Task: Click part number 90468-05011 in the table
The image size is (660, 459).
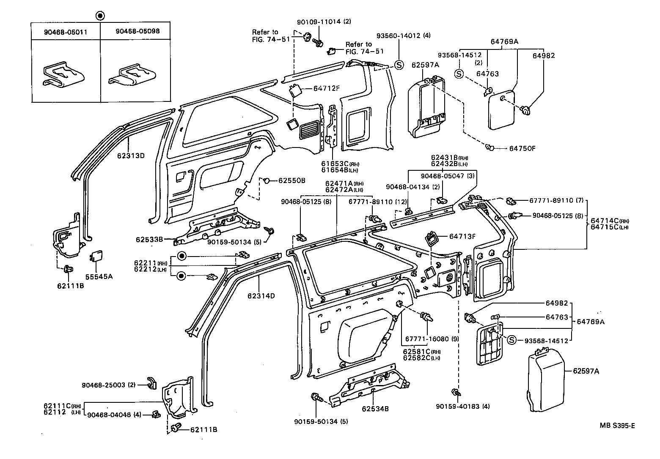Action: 65,32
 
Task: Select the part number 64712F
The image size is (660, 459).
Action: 327,88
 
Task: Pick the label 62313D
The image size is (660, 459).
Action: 131,155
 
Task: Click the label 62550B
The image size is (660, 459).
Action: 291,180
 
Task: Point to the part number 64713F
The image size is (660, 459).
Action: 462,237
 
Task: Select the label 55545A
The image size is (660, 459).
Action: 99,276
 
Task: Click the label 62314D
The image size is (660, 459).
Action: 261,296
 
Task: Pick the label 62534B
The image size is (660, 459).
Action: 375,409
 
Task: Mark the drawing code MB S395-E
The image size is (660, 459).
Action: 617,426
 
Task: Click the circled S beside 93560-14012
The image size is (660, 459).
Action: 399,65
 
